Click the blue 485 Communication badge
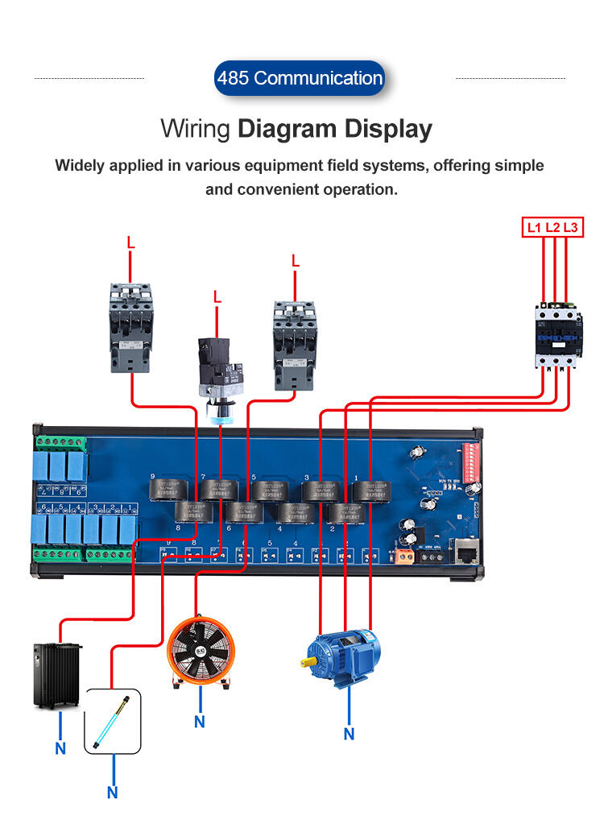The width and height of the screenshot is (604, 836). (x=300, y=78)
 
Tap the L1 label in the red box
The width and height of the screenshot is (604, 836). (x=534, y=228)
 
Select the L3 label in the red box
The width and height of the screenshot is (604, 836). (x=570, y=228)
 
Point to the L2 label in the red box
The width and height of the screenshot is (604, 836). (x=552, y=228)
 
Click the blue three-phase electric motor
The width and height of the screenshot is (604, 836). (x=341, y=656)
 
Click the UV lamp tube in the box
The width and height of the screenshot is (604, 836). (x=113, y=718)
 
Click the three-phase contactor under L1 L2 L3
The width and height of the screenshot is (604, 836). (x=556, y=335)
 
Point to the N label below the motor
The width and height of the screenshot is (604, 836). (x=349, y=734)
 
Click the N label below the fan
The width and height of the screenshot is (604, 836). (x=199, y=722)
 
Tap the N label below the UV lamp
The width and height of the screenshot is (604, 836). (x=112, y=793)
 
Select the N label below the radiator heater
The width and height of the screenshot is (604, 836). (x=60, y=748)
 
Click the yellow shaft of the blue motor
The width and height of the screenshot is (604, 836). (x=308, y=662)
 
